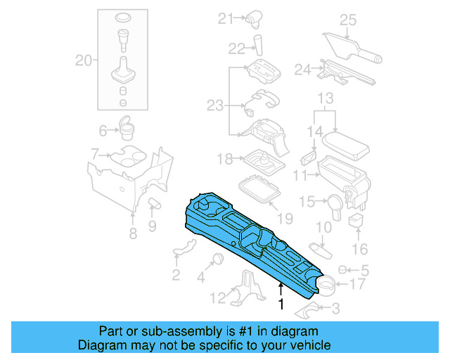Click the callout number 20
pos(84,61)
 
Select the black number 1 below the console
pos(281,304)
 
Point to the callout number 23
pos(214,105)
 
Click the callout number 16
pos(359,249)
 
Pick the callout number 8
pos(132,234)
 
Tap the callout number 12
pos(220,297)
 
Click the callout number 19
pos(283,219)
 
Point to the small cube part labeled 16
pos(356,221)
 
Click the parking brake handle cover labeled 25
pos(352,46)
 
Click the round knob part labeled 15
pos(334,202)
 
